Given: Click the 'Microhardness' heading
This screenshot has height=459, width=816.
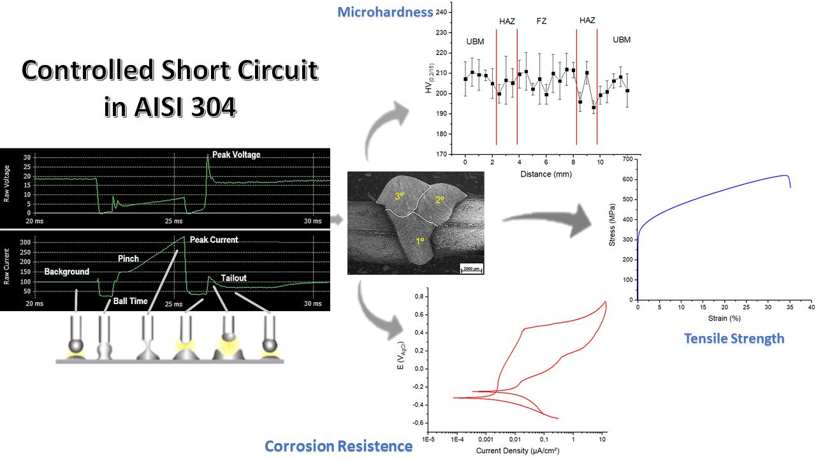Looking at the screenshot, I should [x=385, y=12].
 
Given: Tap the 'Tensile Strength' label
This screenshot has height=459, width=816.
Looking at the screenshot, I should [x=734, y=339].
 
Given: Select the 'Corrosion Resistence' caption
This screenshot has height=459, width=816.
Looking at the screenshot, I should [x=339, y=446].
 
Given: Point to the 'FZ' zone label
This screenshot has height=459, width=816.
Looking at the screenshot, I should [x=541, y=21].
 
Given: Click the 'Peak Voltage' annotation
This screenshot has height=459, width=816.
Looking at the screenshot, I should [x=236, y=155].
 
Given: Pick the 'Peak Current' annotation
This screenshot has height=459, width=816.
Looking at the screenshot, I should [x=214, y=240].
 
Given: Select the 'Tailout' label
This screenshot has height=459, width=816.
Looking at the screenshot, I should [x=233, y=279].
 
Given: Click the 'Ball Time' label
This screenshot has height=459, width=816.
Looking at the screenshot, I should [x=131, y=301].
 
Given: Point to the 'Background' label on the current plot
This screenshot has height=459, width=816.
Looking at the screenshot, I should [x=66, y=272].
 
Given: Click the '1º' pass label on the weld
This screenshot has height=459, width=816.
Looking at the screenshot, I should [x=420, y=241].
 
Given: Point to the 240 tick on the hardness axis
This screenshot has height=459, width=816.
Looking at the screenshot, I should [x=442, y=12].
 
